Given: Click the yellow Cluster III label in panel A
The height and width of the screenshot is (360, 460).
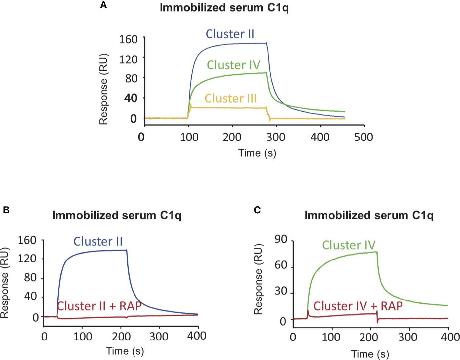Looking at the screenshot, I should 231,99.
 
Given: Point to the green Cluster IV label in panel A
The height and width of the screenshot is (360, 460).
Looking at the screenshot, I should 233,65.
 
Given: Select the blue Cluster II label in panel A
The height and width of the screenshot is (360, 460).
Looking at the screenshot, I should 230,34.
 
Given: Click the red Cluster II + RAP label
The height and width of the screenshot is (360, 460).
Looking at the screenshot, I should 99,306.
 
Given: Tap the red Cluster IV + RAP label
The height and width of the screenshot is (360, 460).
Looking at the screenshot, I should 358,306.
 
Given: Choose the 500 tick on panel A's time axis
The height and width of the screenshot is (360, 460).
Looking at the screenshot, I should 364,137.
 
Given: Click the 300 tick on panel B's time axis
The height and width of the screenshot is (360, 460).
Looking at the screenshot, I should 159,336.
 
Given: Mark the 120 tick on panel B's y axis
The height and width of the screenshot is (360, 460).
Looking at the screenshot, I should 27,259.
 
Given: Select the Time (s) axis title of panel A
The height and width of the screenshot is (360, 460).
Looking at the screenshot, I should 257,153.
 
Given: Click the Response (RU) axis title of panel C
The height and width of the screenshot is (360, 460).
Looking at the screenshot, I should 258,279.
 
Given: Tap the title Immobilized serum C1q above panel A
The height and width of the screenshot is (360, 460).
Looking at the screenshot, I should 224,8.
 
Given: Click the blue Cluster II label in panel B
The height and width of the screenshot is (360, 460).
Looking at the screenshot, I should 98,241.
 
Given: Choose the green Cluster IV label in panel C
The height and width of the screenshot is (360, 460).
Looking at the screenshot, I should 349,245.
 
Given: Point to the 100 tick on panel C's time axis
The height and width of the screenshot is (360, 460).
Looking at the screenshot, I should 331,337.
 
